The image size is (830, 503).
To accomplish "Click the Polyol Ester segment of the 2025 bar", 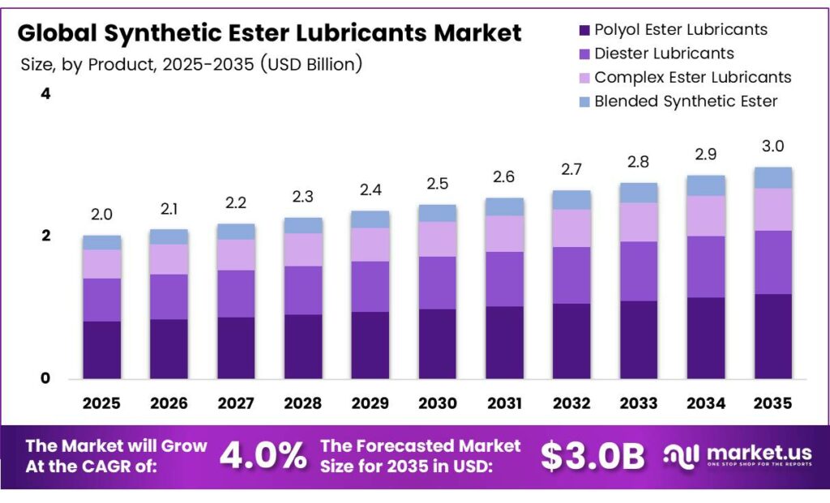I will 101,350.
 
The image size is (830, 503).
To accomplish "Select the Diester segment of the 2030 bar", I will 438,283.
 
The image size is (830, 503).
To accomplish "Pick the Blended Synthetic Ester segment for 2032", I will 572,200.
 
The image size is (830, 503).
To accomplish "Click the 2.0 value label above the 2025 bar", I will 101,215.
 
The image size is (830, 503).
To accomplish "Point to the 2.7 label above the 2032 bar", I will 572,169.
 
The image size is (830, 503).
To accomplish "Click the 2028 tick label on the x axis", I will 303,403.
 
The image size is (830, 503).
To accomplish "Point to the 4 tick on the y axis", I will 45,94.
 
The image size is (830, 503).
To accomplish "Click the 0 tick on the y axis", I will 45,378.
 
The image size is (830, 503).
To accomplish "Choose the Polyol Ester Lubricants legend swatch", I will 583,31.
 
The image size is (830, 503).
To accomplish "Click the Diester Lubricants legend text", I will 664,53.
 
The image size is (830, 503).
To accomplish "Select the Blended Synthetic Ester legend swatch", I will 583,102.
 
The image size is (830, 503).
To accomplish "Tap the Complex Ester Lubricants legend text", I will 693,77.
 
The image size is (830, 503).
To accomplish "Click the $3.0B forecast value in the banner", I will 593,457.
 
